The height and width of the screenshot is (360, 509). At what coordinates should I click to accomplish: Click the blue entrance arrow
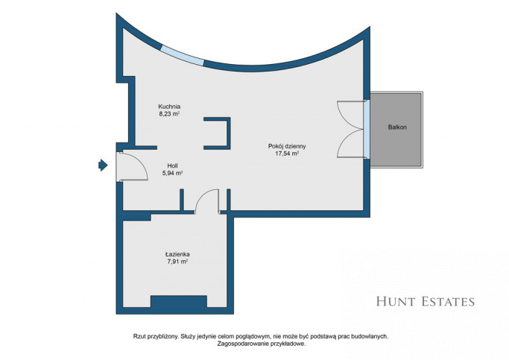pos(103,165)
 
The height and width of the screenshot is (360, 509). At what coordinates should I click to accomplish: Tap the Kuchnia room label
pos(169,107)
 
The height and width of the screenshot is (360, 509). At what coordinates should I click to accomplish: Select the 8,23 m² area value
pos(169,114)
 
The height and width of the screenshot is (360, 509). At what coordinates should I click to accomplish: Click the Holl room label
pos(172,165)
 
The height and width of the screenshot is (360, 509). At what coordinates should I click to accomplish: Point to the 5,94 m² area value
pos(172,173)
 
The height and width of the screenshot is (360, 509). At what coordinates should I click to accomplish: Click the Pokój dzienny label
pos(287,146)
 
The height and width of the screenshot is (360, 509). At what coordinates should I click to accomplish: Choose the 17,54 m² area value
pos(287,154)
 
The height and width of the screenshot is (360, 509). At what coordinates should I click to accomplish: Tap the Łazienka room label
pos(177,254)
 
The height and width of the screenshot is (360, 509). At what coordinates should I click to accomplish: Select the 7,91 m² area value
pos(177,262)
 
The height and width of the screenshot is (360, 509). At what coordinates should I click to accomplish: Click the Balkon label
pos(397,127)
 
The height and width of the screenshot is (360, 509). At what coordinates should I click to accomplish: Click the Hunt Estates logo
pos(426,302)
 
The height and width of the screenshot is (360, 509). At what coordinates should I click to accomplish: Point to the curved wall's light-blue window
pos(183,55)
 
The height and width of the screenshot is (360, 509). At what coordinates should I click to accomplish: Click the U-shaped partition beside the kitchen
pos(228,133)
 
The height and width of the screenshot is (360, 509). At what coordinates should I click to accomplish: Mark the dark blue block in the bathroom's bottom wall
pos(179,302)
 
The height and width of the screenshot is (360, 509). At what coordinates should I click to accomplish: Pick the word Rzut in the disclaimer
pos(139,336)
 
